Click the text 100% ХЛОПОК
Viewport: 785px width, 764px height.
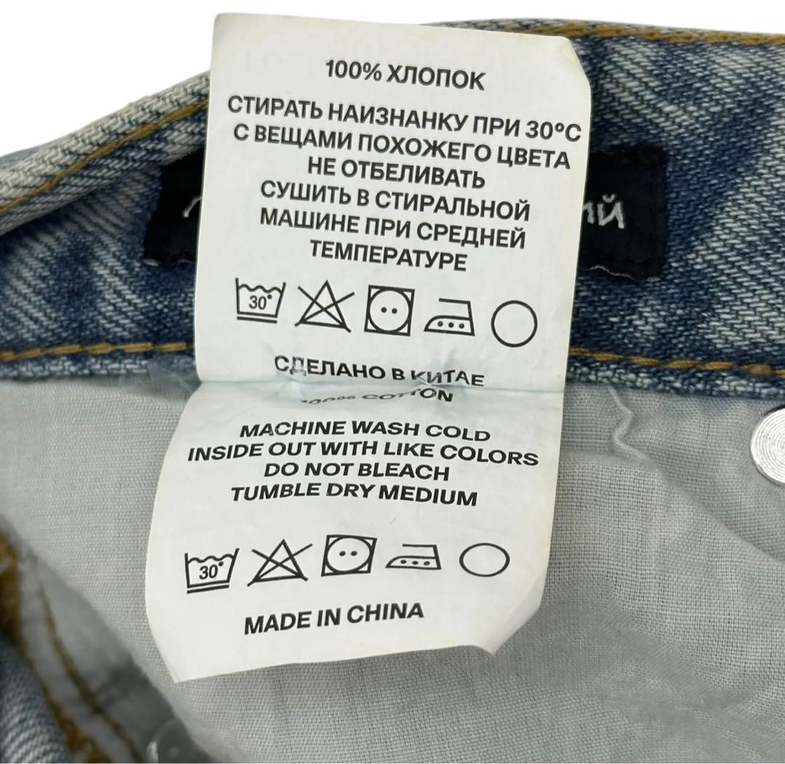coord(404,76)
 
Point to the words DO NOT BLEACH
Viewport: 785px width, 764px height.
coord(358,470)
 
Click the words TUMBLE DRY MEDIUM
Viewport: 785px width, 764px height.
coord(353,494)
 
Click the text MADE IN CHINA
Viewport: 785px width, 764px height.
coord(334,617)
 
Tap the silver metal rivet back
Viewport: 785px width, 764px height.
coord(759,436)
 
